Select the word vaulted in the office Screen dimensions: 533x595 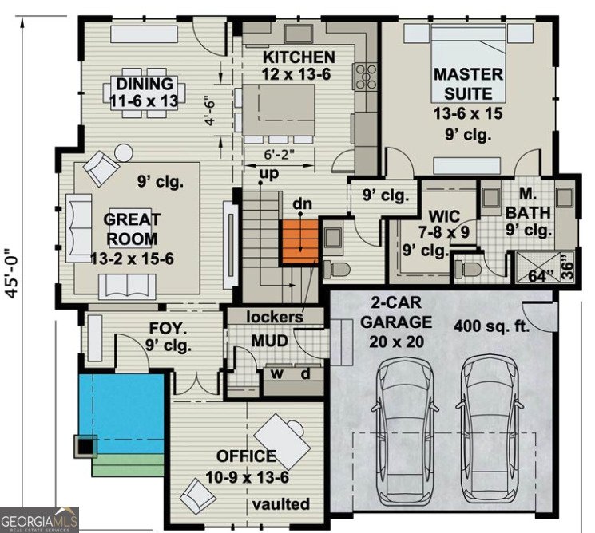tap(280, 504)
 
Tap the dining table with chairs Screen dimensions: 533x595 tap(145, 93)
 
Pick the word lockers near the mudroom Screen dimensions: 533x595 tap(274, 317)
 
